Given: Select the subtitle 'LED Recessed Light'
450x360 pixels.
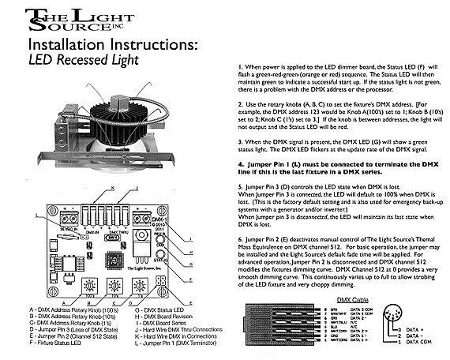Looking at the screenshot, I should (x=84, y=59).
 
